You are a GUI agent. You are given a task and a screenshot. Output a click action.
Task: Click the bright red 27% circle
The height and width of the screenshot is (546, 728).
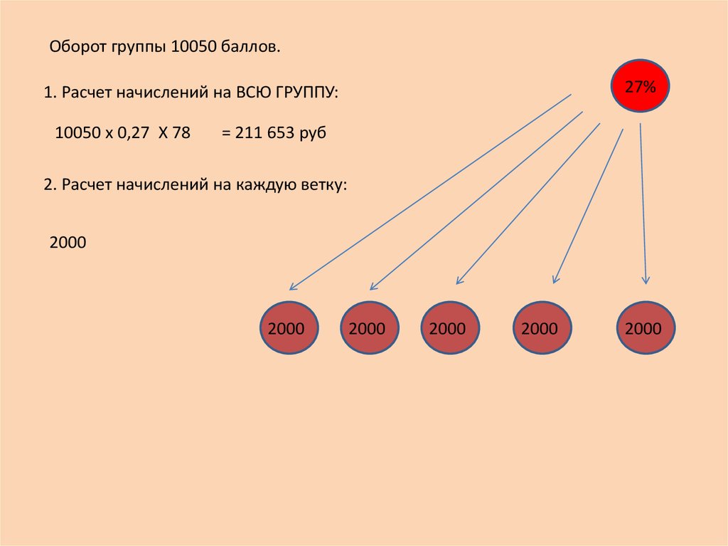coord(640,86)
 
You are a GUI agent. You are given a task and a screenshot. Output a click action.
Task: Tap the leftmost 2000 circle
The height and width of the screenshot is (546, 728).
coord(289,328)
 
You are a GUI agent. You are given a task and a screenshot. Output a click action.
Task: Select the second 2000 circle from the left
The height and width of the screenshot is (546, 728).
coord(370,328)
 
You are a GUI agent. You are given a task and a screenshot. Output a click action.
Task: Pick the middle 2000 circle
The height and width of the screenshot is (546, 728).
coord(450,328)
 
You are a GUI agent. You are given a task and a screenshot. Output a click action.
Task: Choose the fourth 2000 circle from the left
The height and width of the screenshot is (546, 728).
coord(542,328)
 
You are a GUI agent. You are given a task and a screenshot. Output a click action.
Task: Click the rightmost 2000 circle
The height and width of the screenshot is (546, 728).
coord(646,328)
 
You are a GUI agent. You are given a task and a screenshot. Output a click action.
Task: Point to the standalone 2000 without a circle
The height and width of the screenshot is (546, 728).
coord(68,242)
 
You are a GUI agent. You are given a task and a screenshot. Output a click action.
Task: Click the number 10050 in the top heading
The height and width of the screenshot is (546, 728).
coord(194,46)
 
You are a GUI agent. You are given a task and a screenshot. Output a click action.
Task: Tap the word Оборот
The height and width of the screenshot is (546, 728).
coord(78,46)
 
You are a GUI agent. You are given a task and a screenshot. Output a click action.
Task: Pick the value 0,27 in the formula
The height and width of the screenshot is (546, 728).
coord(133,133)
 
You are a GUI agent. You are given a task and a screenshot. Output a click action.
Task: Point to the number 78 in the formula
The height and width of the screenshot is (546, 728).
coord(181,132)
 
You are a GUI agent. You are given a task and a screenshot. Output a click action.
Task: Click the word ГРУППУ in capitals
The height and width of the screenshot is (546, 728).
coord(307,92)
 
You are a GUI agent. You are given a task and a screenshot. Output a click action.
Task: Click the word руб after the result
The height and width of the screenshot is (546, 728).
coord(313,134)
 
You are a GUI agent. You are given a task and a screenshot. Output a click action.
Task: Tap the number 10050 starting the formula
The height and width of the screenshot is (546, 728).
coord(78,132)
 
